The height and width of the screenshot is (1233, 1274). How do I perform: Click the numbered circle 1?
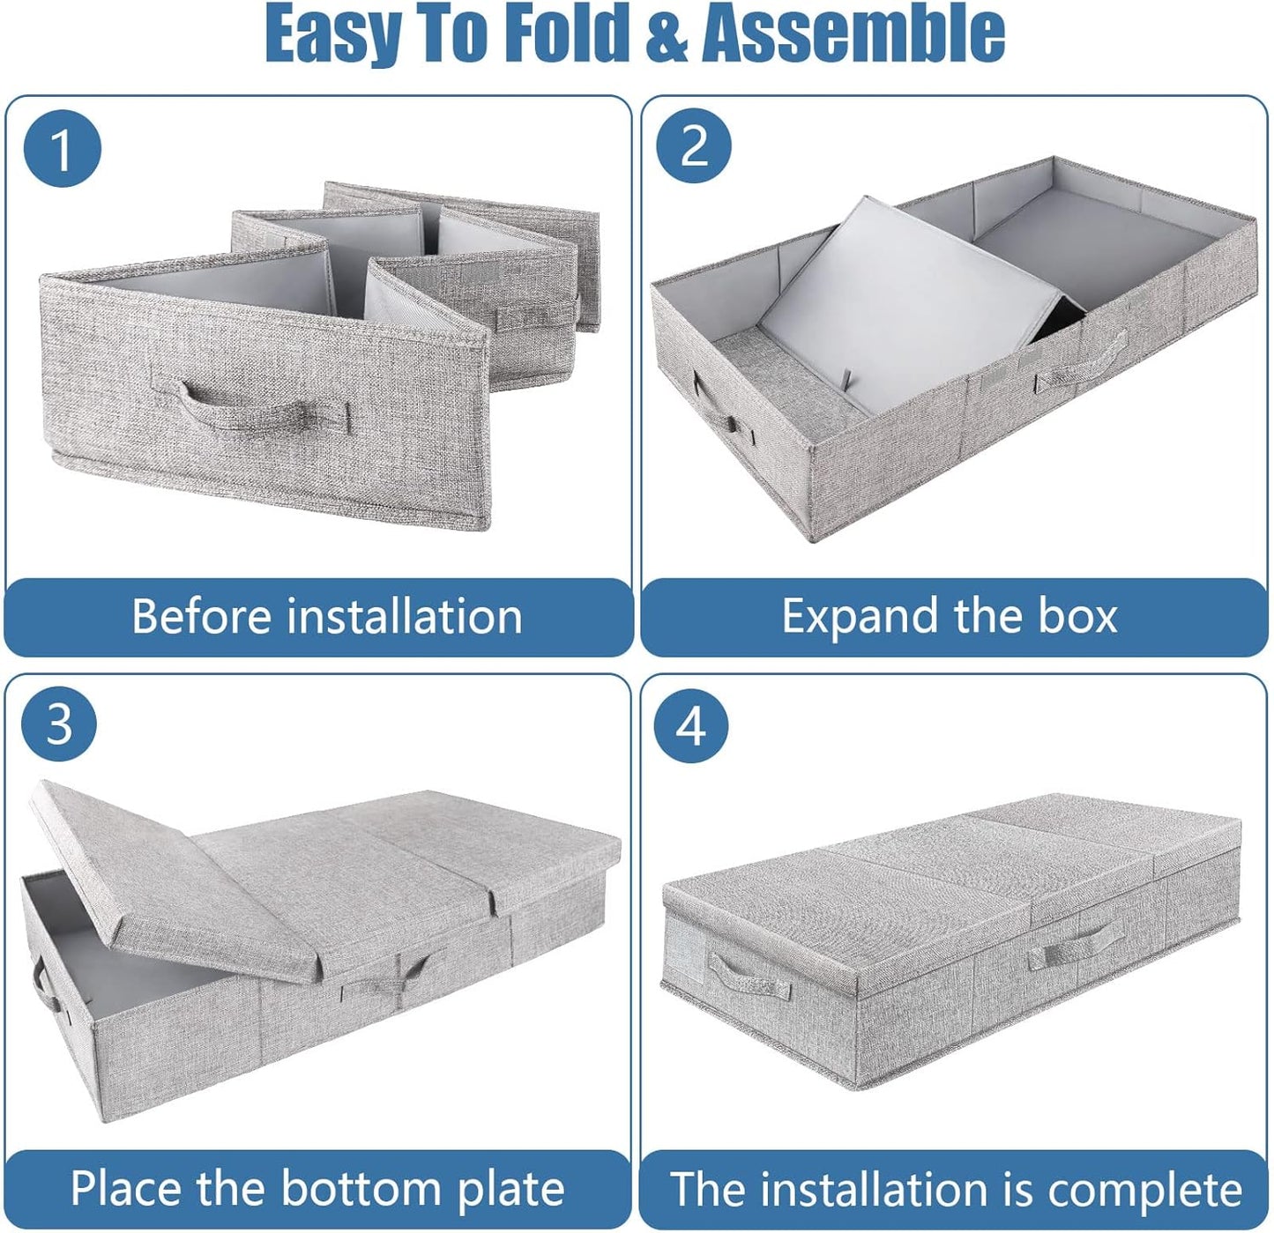coord(62,148)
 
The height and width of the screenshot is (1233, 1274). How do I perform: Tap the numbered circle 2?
coord(694,145)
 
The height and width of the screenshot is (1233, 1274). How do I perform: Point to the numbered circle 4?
coord(691,726)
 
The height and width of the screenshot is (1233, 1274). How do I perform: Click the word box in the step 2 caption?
coord(1077,616)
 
